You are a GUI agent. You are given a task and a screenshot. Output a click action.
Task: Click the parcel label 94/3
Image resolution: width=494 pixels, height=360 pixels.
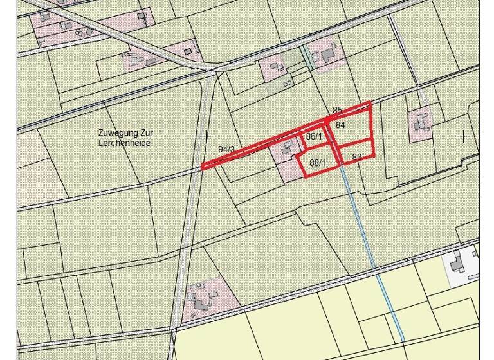pyautogui.click(x=226, y=149)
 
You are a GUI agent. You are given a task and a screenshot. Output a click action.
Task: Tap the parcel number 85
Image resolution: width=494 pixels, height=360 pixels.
pyautogui.click(x=338, y=111)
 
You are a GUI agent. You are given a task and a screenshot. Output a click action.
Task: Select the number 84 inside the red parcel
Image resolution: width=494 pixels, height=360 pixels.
pyautogui.click(x=340, y=125)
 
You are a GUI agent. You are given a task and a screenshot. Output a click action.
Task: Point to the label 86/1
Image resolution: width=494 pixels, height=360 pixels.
pyautogui.click(x=314, y=136)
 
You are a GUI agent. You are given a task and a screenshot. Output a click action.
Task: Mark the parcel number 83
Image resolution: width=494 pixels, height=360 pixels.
pyautogui.click(x=357, y=157)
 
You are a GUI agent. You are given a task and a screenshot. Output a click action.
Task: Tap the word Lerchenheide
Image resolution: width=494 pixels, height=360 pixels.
pyautogui.click(x=125, y=143)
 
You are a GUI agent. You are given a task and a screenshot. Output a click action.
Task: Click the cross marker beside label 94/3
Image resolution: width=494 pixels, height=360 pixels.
pyautogui.click(x=206, y=136)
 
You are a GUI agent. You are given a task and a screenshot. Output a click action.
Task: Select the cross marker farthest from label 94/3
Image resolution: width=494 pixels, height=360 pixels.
pyautogui.click(x=463, y=136)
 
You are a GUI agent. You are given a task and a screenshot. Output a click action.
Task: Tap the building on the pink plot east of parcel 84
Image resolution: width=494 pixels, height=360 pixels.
pyautogui.click(x=422, y=121)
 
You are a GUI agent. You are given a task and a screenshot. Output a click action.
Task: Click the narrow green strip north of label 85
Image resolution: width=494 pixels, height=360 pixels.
pyautogui.click(x=308, y=57)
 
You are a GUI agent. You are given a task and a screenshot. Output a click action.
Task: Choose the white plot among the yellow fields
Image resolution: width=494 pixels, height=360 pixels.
pyautogui.click(x=464, y=265)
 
